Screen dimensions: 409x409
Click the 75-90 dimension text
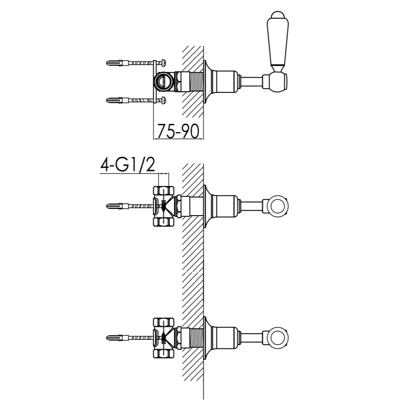tap(178, 131)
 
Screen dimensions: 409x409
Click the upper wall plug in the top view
tap(117, 63)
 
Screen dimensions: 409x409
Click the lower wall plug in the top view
tap(117, 100)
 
